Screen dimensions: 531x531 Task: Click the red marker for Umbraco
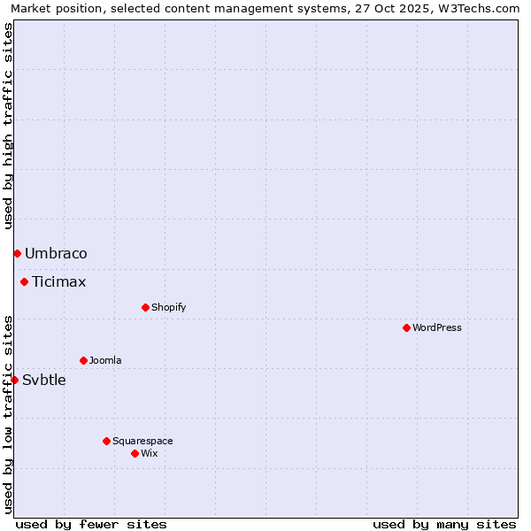click(x=17, y=254)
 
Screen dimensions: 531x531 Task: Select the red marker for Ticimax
click(x=25, y=282)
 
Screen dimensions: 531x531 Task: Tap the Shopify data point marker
click(x=145, y=307)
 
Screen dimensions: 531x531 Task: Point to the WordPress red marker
click(x=406, y=327)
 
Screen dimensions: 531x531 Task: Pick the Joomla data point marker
click(x=83, y=360)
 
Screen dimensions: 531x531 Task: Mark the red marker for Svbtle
click(x=14, y=380)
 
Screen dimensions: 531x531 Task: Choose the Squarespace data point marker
click(x=106, y=441)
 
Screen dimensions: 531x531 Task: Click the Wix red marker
click(x=135, y=453)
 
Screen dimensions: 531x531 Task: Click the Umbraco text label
click(x=56, y=254)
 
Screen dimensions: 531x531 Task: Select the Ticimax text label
click(x=59, y=282)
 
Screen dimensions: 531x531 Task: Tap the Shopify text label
click(x=168, y=307)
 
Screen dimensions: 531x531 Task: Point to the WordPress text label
click(x=436, y=327)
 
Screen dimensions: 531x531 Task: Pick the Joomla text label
click(x=105, y=360)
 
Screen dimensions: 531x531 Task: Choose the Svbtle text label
click(x=44, y=381)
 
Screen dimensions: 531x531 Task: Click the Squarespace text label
click(x=142, y=441)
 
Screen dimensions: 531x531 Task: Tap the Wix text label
click(x=149, y=453)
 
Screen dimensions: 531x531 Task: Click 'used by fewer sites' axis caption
click(x=91, y=524)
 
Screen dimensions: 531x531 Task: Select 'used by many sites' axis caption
click(x=444, y=524)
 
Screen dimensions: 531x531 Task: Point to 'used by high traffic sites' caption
click(x=9, y=127)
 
